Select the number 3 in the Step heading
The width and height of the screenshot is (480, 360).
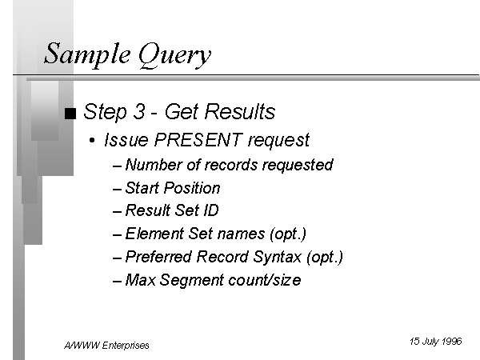[x=133, y=112]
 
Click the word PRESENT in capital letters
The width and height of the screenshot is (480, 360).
[x=198, y=140]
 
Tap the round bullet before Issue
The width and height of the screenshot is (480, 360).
[x=94, y=141]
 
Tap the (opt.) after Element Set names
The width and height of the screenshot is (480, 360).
[x=287, y=234]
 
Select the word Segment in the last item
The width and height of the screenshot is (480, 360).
[x=190, y=280]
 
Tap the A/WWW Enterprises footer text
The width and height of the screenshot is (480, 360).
[x=106, y=345]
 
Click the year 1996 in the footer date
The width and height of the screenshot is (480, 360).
[x=450, y=341]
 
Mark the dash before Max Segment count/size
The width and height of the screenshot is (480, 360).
[x=118, y=280]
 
